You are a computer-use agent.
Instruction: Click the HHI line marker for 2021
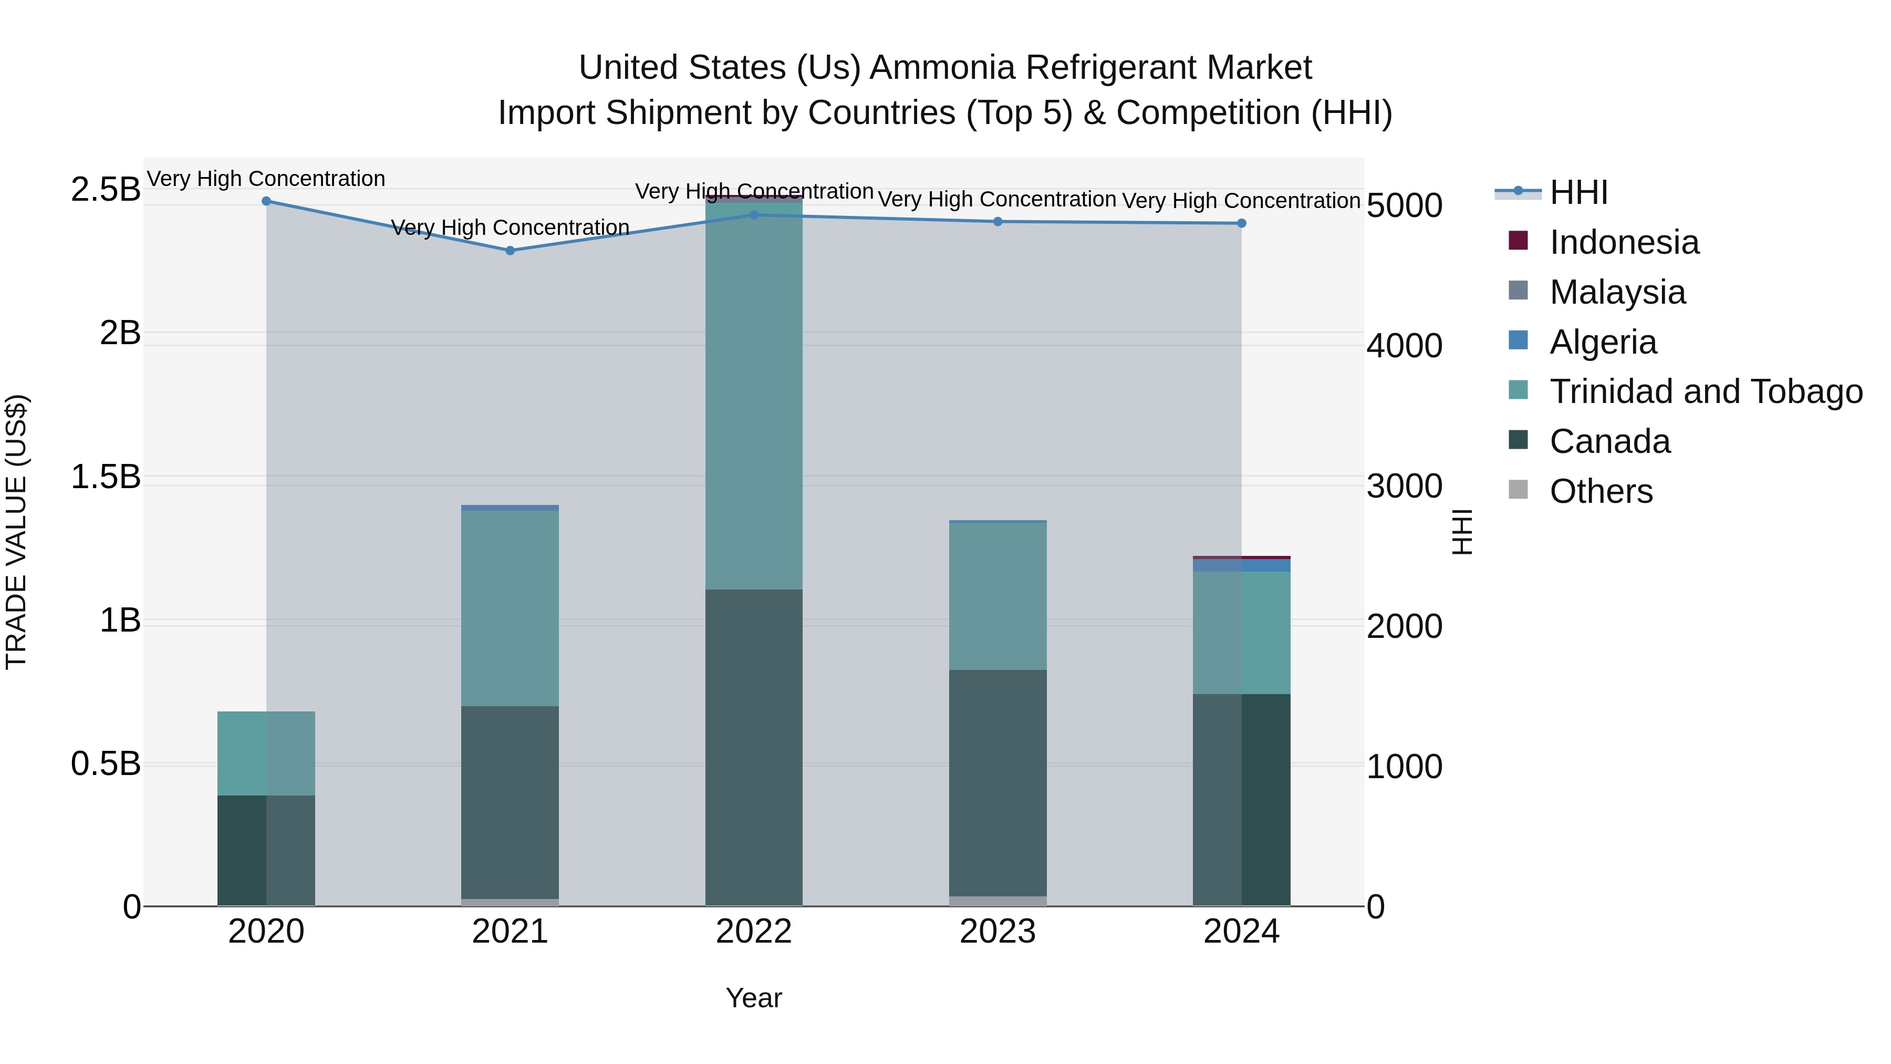pyautogui.click(x=510, y=251)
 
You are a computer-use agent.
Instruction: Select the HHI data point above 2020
pyautogui.click(x=266, y=201)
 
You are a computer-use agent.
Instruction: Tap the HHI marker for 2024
pyautogui.click(x=1241, y=223)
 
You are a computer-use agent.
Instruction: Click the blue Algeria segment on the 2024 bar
pyautogui.click(x=1241, y=565)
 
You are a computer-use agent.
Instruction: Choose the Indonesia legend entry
pyautogui.click(x=1624, y=242)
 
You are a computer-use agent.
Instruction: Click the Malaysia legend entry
pyautogui.click(x=1617, y=292)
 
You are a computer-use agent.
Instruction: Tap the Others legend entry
pyautogui.click(x=1601, y=491)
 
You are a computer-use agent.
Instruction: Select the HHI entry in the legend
pyautogui.click(x=1578, y=192)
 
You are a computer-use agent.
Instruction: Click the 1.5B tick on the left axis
pyautogui.click(x=106, y=477)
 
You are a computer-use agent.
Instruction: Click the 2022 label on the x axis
pyautogui.click(x=754, y=932)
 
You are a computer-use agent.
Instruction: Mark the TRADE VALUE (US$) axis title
pyautogui.click(x=16, y=532)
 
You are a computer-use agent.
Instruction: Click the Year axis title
pyautogui.click(x=754, y=998)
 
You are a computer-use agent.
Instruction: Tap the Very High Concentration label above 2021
pyautogui.click(x=510, y=228)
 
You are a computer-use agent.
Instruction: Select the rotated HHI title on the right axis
pyautogui.click(x=1462, y=532)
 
